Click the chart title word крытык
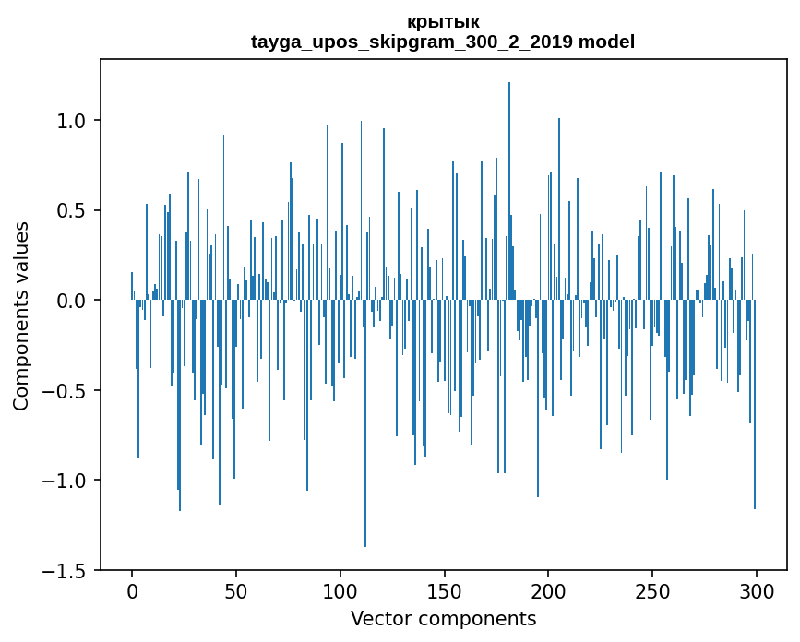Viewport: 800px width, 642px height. click(x=443, y=21)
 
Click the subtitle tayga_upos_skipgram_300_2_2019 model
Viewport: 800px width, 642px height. click(x=443, y=42)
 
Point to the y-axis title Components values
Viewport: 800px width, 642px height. click(x=21, y=315)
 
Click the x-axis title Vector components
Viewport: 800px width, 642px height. click(x=443, y=618)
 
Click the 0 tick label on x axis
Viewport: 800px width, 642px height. click(x=132, y=591)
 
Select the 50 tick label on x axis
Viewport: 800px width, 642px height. click(x=236, y=591)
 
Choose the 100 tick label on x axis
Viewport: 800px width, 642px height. click(x=340, y=591)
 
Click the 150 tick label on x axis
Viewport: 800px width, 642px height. click(x=445, y=591)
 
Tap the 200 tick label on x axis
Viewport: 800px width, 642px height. click(x=548, y=591)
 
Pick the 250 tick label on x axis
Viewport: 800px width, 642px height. click(x=652, y=591)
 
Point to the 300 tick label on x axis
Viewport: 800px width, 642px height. click(x=757, y=591)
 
